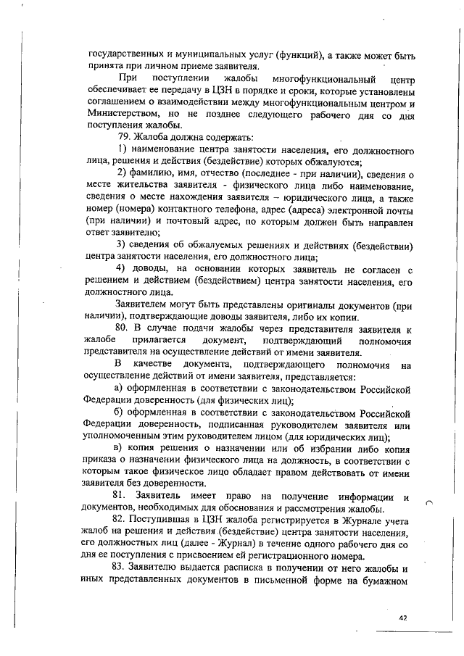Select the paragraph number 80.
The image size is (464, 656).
pos(125,328)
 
